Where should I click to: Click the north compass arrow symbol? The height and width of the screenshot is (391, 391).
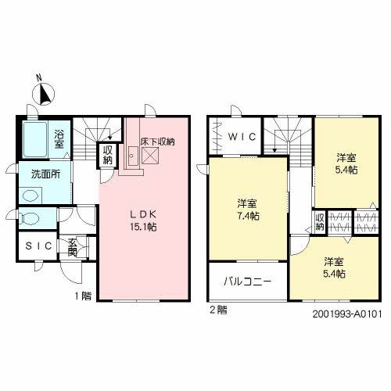[45, 92]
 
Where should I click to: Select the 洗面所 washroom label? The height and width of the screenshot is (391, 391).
[46, 174]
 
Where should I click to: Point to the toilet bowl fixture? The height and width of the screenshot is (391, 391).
[30, 218]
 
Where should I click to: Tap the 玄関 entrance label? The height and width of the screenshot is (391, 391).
[72, 247]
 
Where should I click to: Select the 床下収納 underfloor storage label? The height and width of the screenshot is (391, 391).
[157, 142]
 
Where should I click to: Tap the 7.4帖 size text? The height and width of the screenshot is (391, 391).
[249, 216]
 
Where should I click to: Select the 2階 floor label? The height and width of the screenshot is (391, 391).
[218, 310]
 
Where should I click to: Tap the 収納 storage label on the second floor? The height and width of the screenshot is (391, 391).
[320, 222]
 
